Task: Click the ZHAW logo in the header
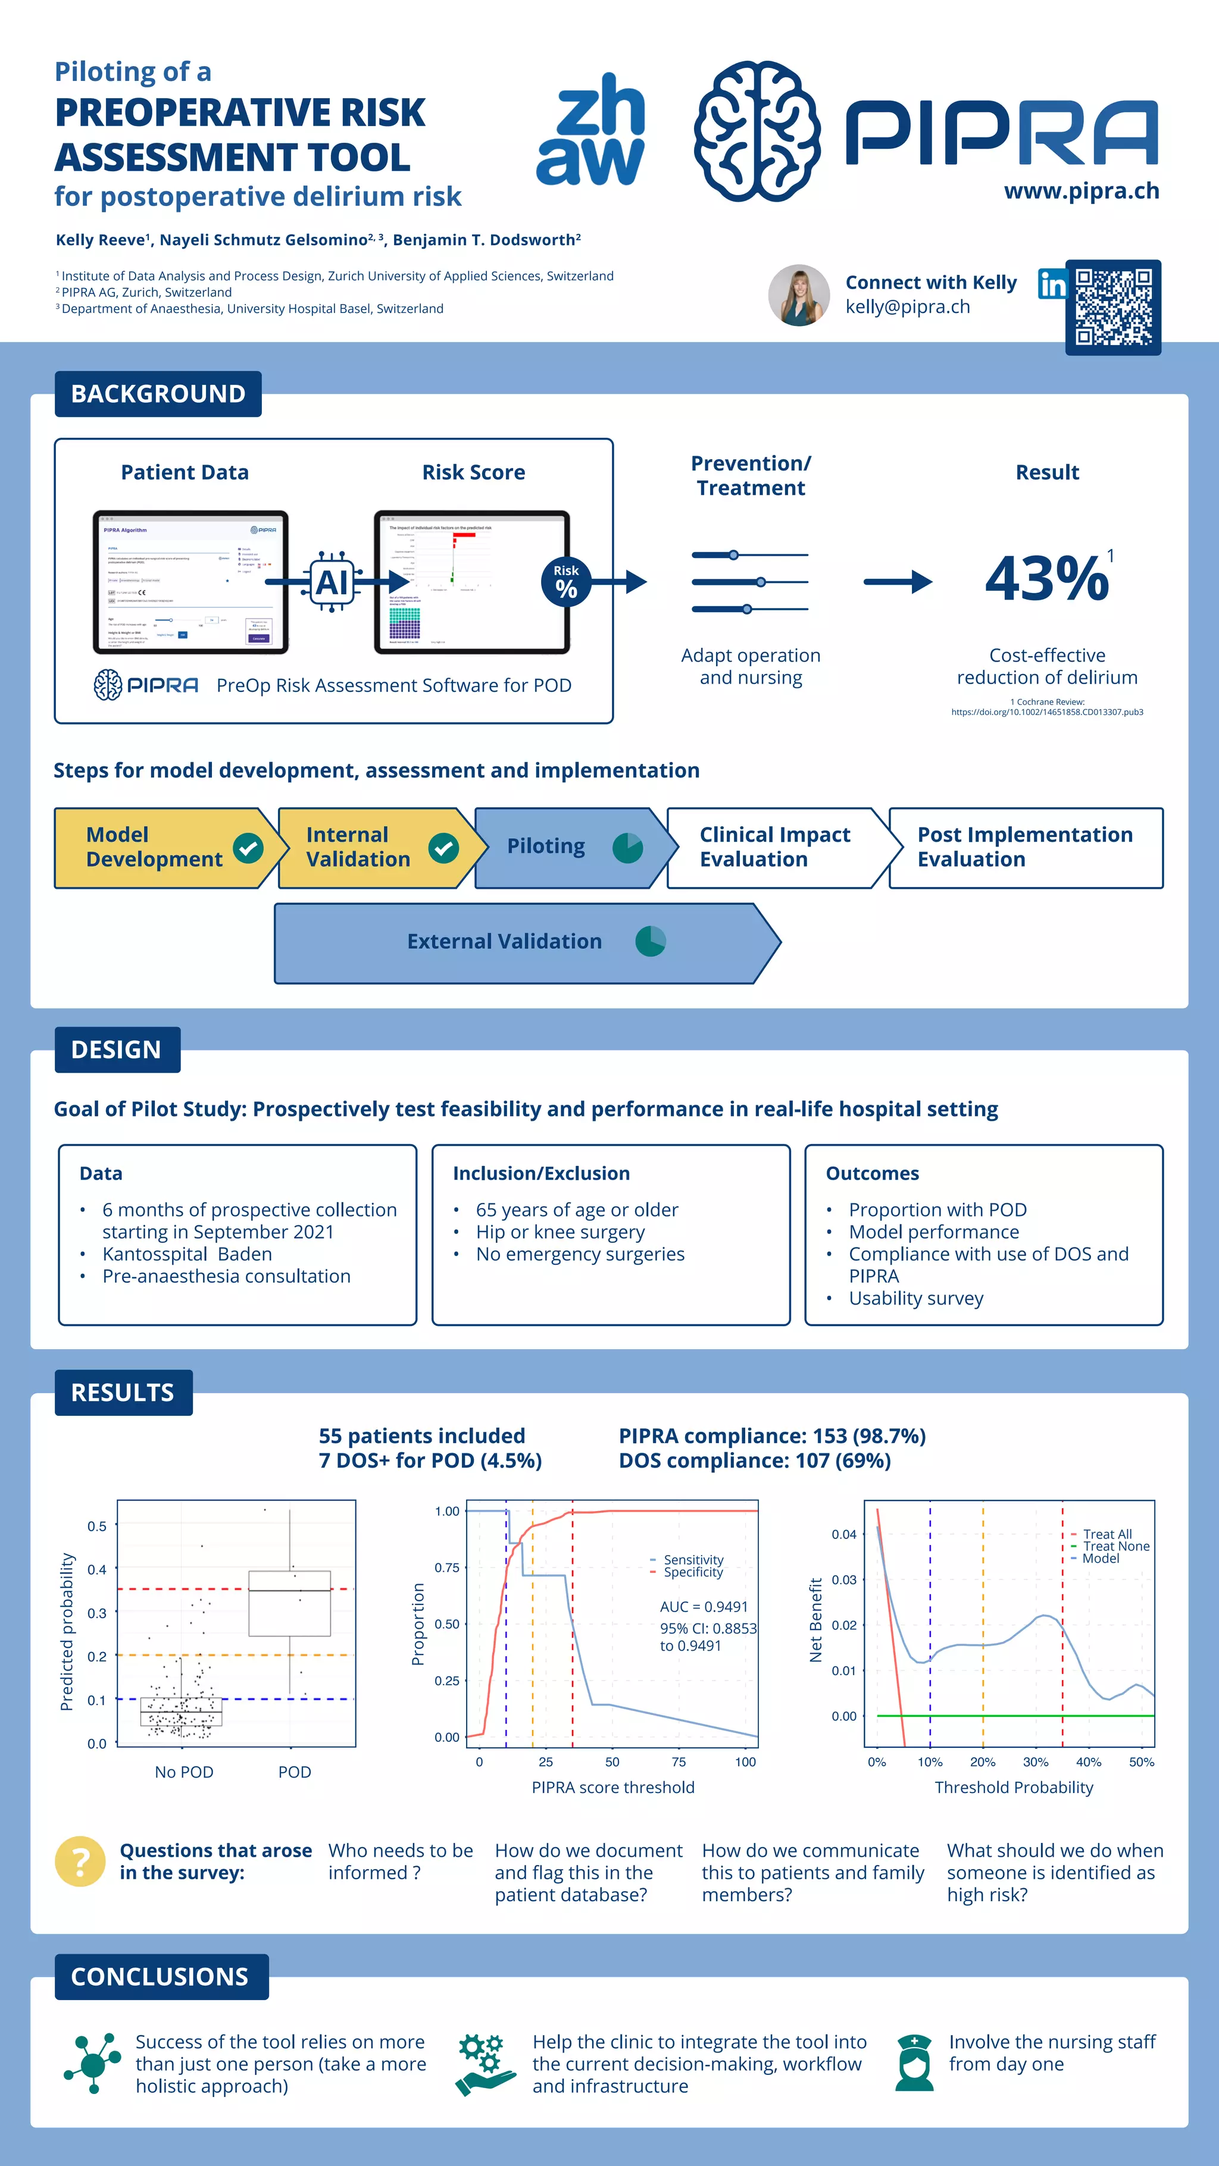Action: (590, 130)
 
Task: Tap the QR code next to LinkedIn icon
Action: (1113, 307)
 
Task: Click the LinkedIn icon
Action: (1052, 284)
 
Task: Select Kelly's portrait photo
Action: (798, 295)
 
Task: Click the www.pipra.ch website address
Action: (1081, 192)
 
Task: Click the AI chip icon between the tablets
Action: (332, 582)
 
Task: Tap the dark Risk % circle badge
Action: (566, 581)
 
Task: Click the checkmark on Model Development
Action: (248, 848)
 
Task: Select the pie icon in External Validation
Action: (651, 941)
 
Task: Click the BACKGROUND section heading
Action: (158, 393)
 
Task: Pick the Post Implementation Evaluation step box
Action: (1025, 848)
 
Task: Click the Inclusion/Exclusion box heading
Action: (541, 1173)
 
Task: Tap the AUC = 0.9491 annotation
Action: (704, 1607)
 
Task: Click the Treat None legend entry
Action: (1115, 1546)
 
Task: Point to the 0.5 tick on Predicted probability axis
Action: (97, 1526)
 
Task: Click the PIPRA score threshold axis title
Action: (612, 1788)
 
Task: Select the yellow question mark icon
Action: (80, 1861)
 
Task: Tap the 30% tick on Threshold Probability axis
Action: (1036, 1761)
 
